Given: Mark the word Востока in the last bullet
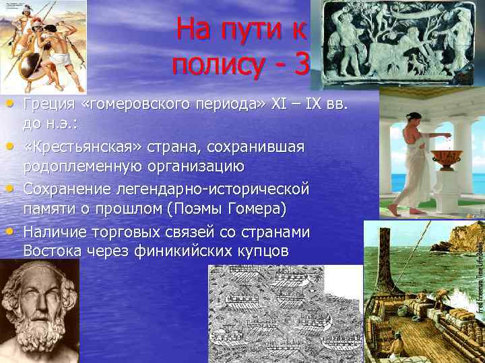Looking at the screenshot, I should pyautogui.click(x=51, y=251).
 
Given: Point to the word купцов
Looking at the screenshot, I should pyautogui.click(x=263, y=251).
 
